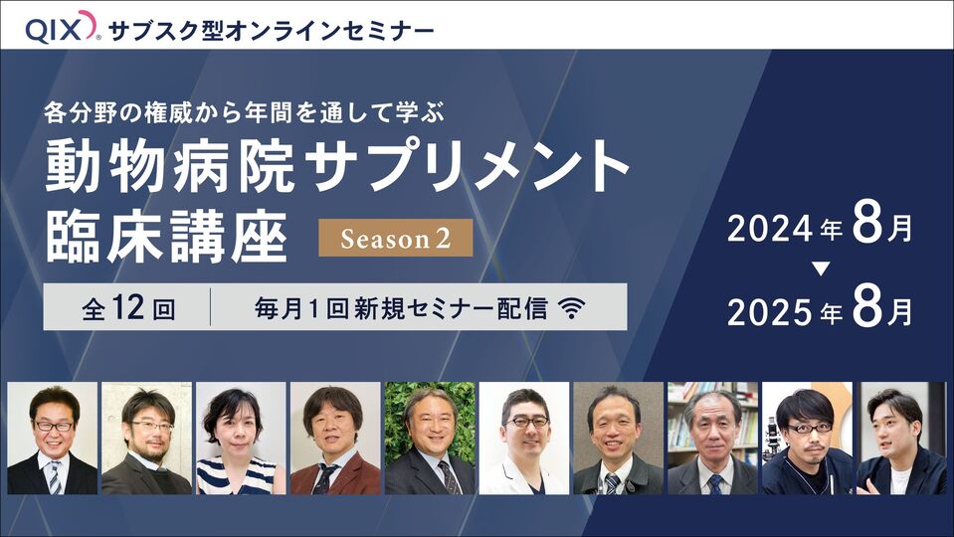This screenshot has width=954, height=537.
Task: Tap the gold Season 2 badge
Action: pos(396,238)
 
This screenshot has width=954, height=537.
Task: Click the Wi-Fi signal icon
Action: pos(572,307)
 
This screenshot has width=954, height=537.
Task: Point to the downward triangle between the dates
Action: pos(821,268)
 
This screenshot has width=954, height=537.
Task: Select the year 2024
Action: pos(770,230)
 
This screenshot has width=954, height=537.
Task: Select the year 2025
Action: pos(770,312)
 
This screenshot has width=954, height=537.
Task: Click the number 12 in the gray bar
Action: pos(128,307)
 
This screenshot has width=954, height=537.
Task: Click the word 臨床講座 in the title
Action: pos(166,238)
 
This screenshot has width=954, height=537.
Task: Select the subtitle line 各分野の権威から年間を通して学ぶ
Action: pos(244,112)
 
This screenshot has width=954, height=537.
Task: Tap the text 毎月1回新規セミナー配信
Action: pos(401,308)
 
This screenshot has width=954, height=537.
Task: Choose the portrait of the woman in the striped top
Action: pos(241,438)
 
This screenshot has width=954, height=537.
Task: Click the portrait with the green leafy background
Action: pos(430,438)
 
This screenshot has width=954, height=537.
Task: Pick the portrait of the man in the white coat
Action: pos(524,438)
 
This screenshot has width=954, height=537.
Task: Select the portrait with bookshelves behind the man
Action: pos(712,438)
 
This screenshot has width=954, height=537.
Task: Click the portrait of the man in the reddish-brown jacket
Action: pos(335,438)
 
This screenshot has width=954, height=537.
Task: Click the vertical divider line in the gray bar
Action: pos(211,307)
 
